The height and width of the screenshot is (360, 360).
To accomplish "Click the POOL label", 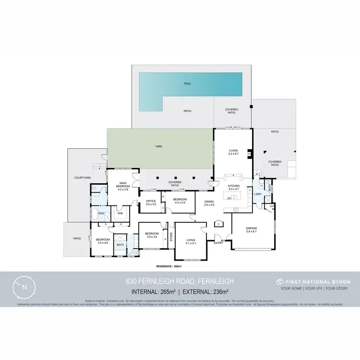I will [x=187, y=84].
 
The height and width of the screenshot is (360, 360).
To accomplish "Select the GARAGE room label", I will [x=252, y=228].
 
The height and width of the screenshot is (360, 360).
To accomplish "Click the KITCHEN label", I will [x=233, y=185].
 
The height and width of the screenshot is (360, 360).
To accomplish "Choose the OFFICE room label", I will [x=151, y=202].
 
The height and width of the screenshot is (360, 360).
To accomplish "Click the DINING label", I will [x=209, y=202].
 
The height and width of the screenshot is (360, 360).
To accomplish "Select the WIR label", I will [x=120, y=213].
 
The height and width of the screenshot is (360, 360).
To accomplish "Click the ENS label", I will [x=101, y=213].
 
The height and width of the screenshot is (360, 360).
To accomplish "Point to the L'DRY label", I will [x=258, y=194].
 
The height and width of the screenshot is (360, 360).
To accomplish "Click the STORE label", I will [x=171, y=237].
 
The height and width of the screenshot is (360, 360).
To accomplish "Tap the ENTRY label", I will [x=218, y=243].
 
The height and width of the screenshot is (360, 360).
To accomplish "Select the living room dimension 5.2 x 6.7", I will [x=233, y=154].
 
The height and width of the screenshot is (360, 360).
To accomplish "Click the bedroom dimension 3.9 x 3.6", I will [x=152, y=237].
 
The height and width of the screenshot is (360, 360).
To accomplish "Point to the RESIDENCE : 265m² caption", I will [x=172, y=266].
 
